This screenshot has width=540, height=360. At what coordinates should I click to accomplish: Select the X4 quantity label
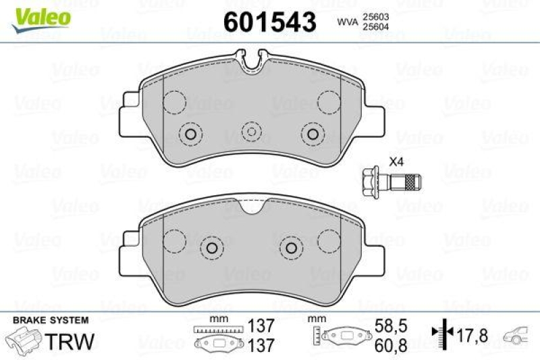coord(396,161)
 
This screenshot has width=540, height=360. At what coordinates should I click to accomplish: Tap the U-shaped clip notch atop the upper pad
coord(251,63)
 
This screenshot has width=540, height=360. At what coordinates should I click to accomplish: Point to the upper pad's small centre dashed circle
coord(251,132)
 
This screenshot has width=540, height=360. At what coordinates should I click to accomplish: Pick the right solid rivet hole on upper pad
coord(313,133)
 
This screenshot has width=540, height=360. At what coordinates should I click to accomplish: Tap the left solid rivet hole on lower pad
coord(213,248)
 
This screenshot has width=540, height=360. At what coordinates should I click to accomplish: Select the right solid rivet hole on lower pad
coord(291,248)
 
